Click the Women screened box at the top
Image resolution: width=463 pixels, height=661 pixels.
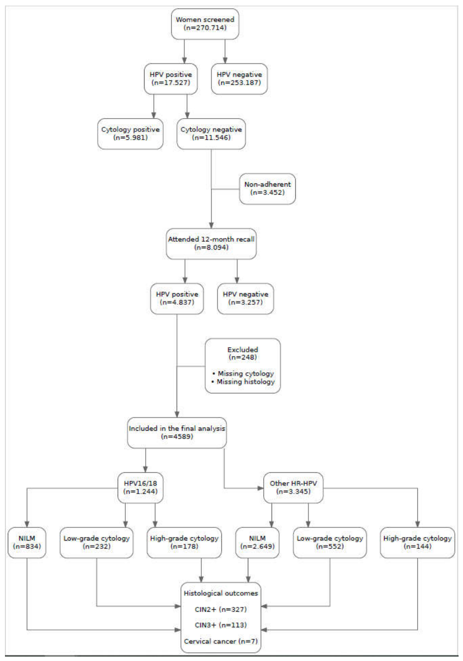pos(205,24)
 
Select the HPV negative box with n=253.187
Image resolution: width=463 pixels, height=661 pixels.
pos(239,78)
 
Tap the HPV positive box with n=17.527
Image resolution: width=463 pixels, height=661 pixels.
pos(171,78)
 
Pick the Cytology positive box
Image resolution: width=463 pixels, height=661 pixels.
pos(130,134)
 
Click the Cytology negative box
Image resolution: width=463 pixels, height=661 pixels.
pos(211,134)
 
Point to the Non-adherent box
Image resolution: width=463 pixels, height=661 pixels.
pos(268,189)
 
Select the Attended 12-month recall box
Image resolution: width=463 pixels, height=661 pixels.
pos(211,244)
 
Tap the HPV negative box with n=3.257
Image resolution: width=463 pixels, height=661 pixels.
pos(246,298)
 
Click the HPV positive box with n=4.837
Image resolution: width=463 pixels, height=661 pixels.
pos(177,298)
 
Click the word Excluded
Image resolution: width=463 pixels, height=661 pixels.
pos(243,350)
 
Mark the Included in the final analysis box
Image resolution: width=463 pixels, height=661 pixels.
pos(177,432)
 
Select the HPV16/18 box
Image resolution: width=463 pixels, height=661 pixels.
pos(140,488)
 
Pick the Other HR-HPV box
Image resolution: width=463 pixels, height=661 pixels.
pos(293,488)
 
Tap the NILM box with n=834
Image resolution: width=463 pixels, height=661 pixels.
pos(27,542)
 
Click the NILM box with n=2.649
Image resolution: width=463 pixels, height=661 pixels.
pos(257,542)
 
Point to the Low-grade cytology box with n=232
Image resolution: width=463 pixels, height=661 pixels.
pos(97,542)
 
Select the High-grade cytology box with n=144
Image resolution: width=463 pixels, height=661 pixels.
pos(418,542)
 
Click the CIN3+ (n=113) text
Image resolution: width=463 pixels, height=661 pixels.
pos(221,625)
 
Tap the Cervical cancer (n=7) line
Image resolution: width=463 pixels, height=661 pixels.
pos(221,641)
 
